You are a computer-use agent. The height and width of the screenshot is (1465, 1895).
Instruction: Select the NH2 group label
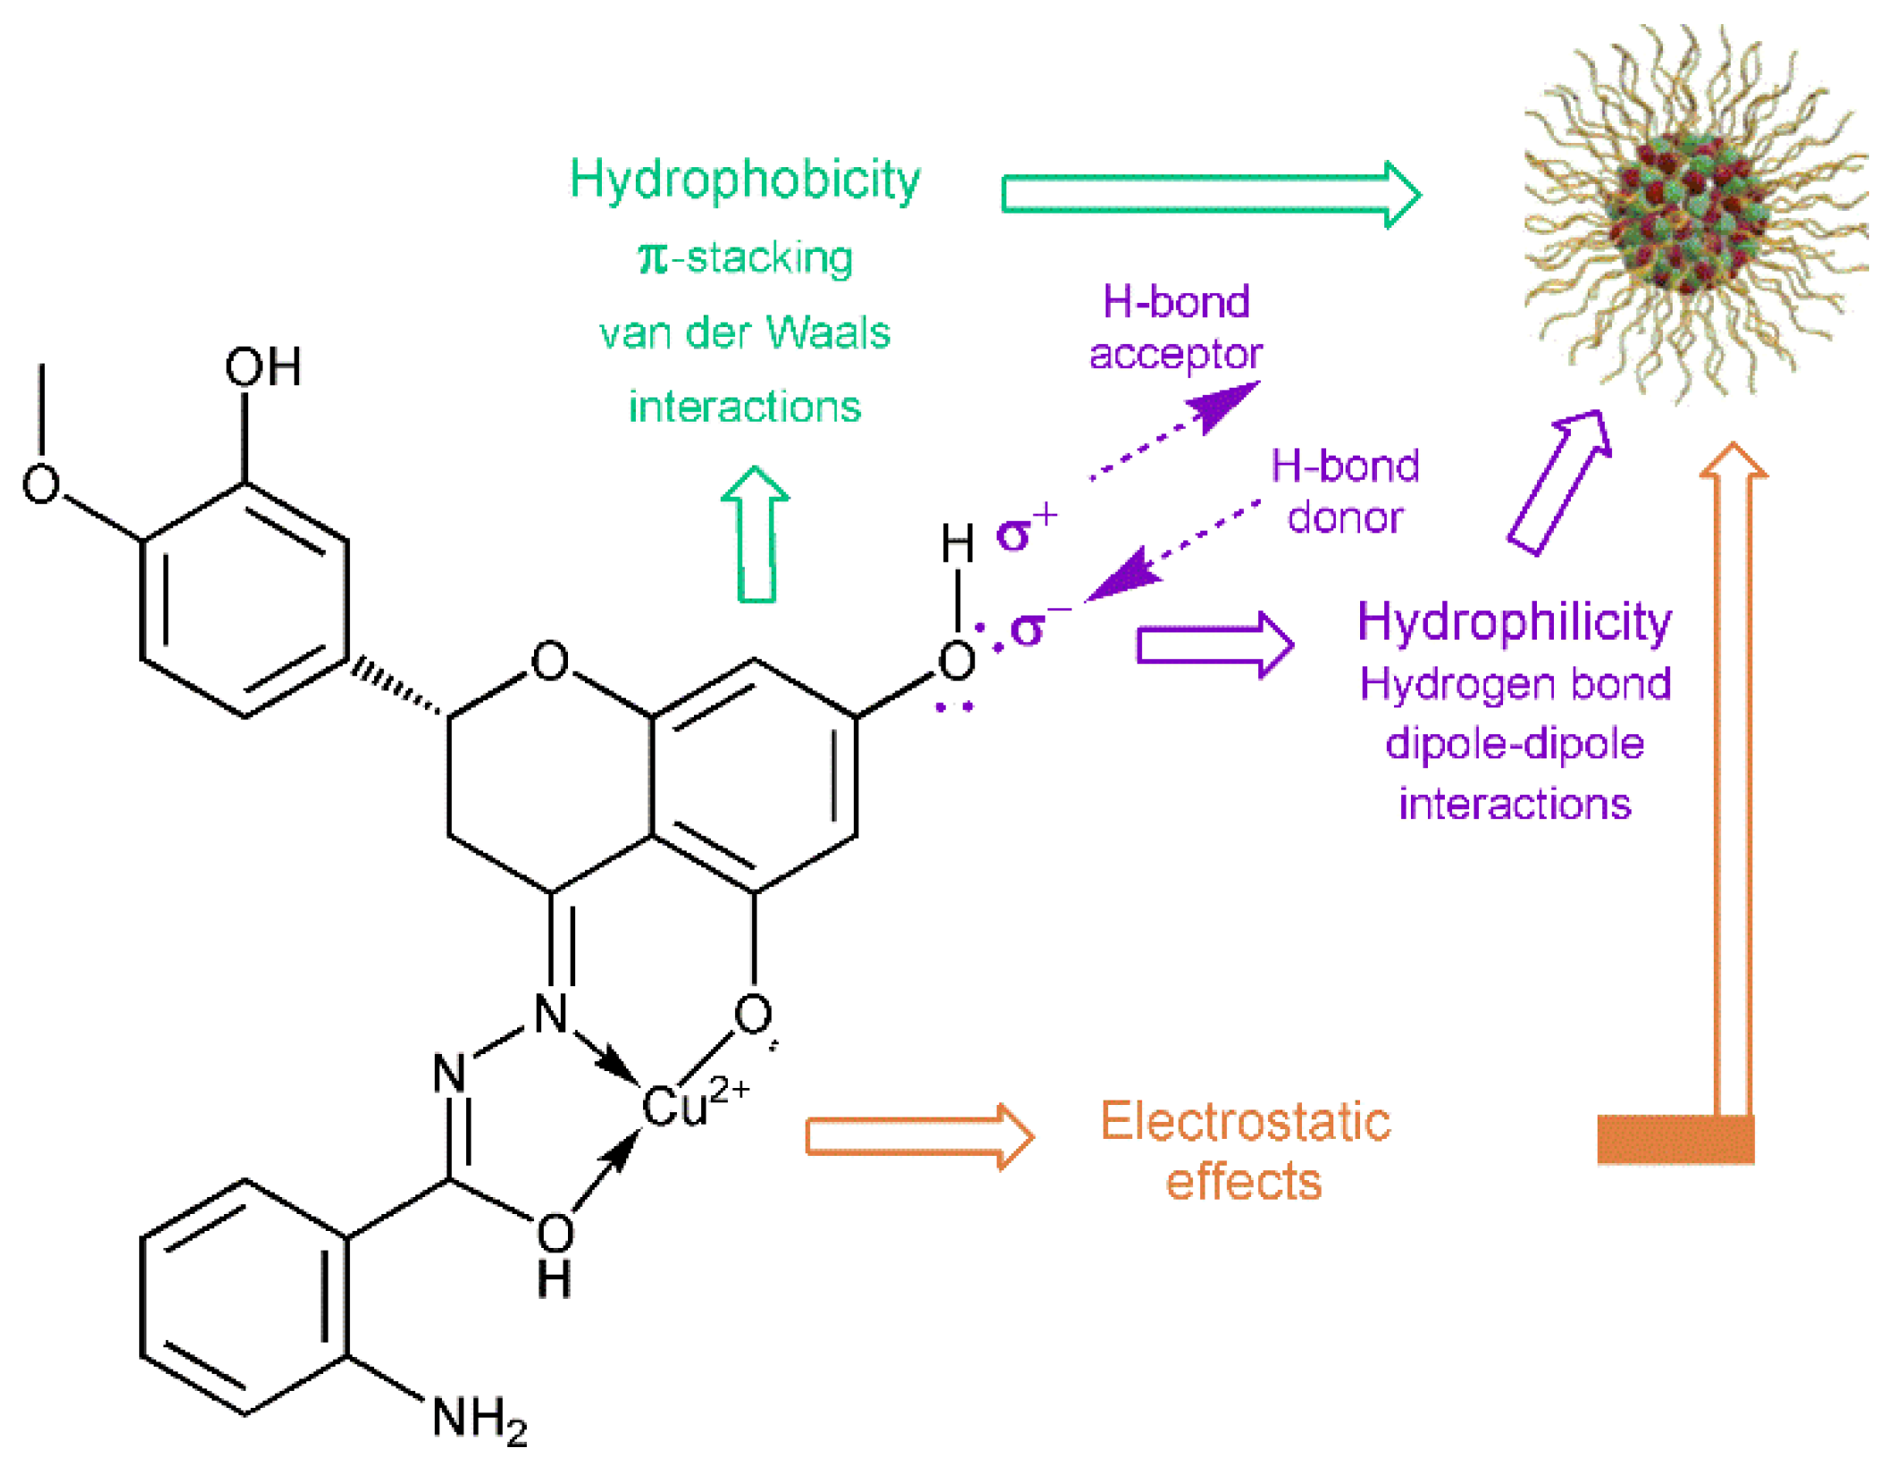coord(479,1418)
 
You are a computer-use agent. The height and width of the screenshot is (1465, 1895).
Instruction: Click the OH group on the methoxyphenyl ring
coord(263,367)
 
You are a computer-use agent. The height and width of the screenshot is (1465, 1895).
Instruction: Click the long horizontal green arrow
coord(1209,195)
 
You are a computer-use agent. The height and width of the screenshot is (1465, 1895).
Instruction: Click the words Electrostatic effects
coord(1244,1151)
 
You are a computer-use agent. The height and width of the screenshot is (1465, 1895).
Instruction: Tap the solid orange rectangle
coord(1674,1139)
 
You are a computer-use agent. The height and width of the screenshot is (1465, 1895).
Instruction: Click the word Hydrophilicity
coord(1514,622)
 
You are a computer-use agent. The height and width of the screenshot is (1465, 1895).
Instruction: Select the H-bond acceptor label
coord(1174,328)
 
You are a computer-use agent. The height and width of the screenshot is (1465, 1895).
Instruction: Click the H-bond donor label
coord(1344,491)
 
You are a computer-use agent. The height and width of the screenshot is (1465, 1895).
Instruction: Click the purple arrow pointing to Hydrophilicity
coord(1214,645)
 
